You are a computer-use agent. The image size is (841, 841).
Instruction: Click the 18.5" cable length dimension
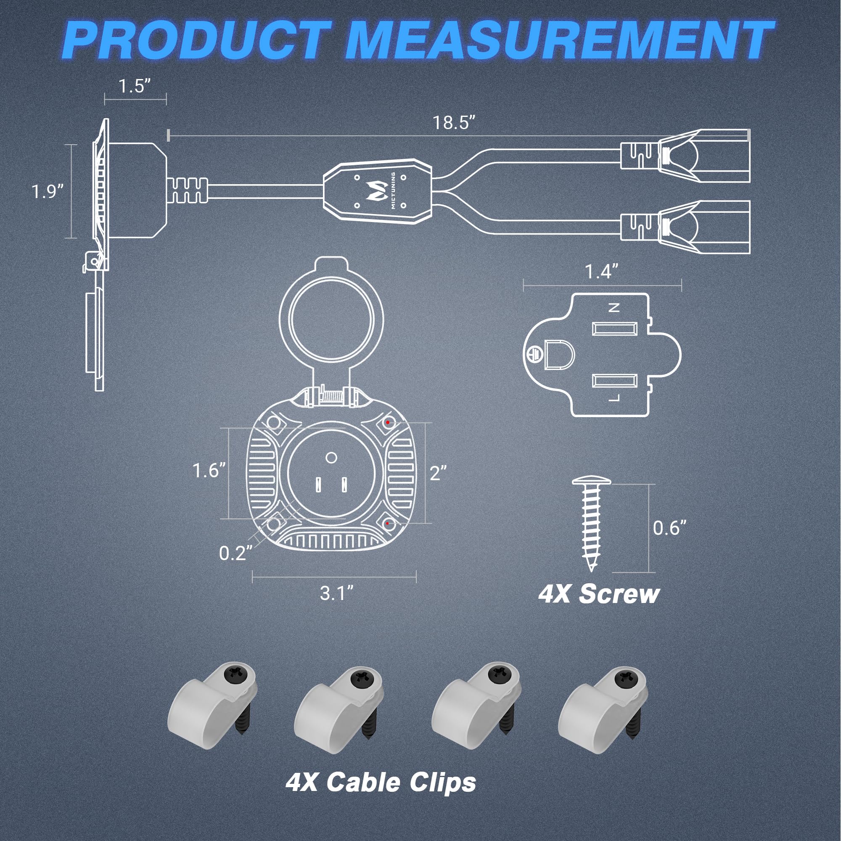click(x=454, y=123)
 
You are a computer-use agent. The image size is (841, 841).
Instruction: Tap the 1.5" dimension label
click(x=135, y=86)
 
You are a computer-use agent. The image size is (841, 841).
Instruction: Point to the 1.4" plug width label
click(x=602, y=272)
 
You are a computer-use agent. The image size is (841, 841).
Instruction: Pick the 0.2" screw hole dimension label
click(x=235, y=553)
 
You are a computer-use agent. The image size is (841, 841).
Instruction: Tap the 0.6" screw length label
click(x=669, y=528)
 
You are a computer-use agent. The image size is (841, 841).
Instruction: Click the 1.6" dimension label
click(x=209, y=470)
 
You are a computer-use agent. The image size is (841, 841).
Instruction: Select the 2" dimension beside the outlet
click(x=438, y=473)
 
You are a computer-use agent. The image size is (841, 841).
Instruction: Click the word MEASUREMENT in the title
click(x=559, y=40)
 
